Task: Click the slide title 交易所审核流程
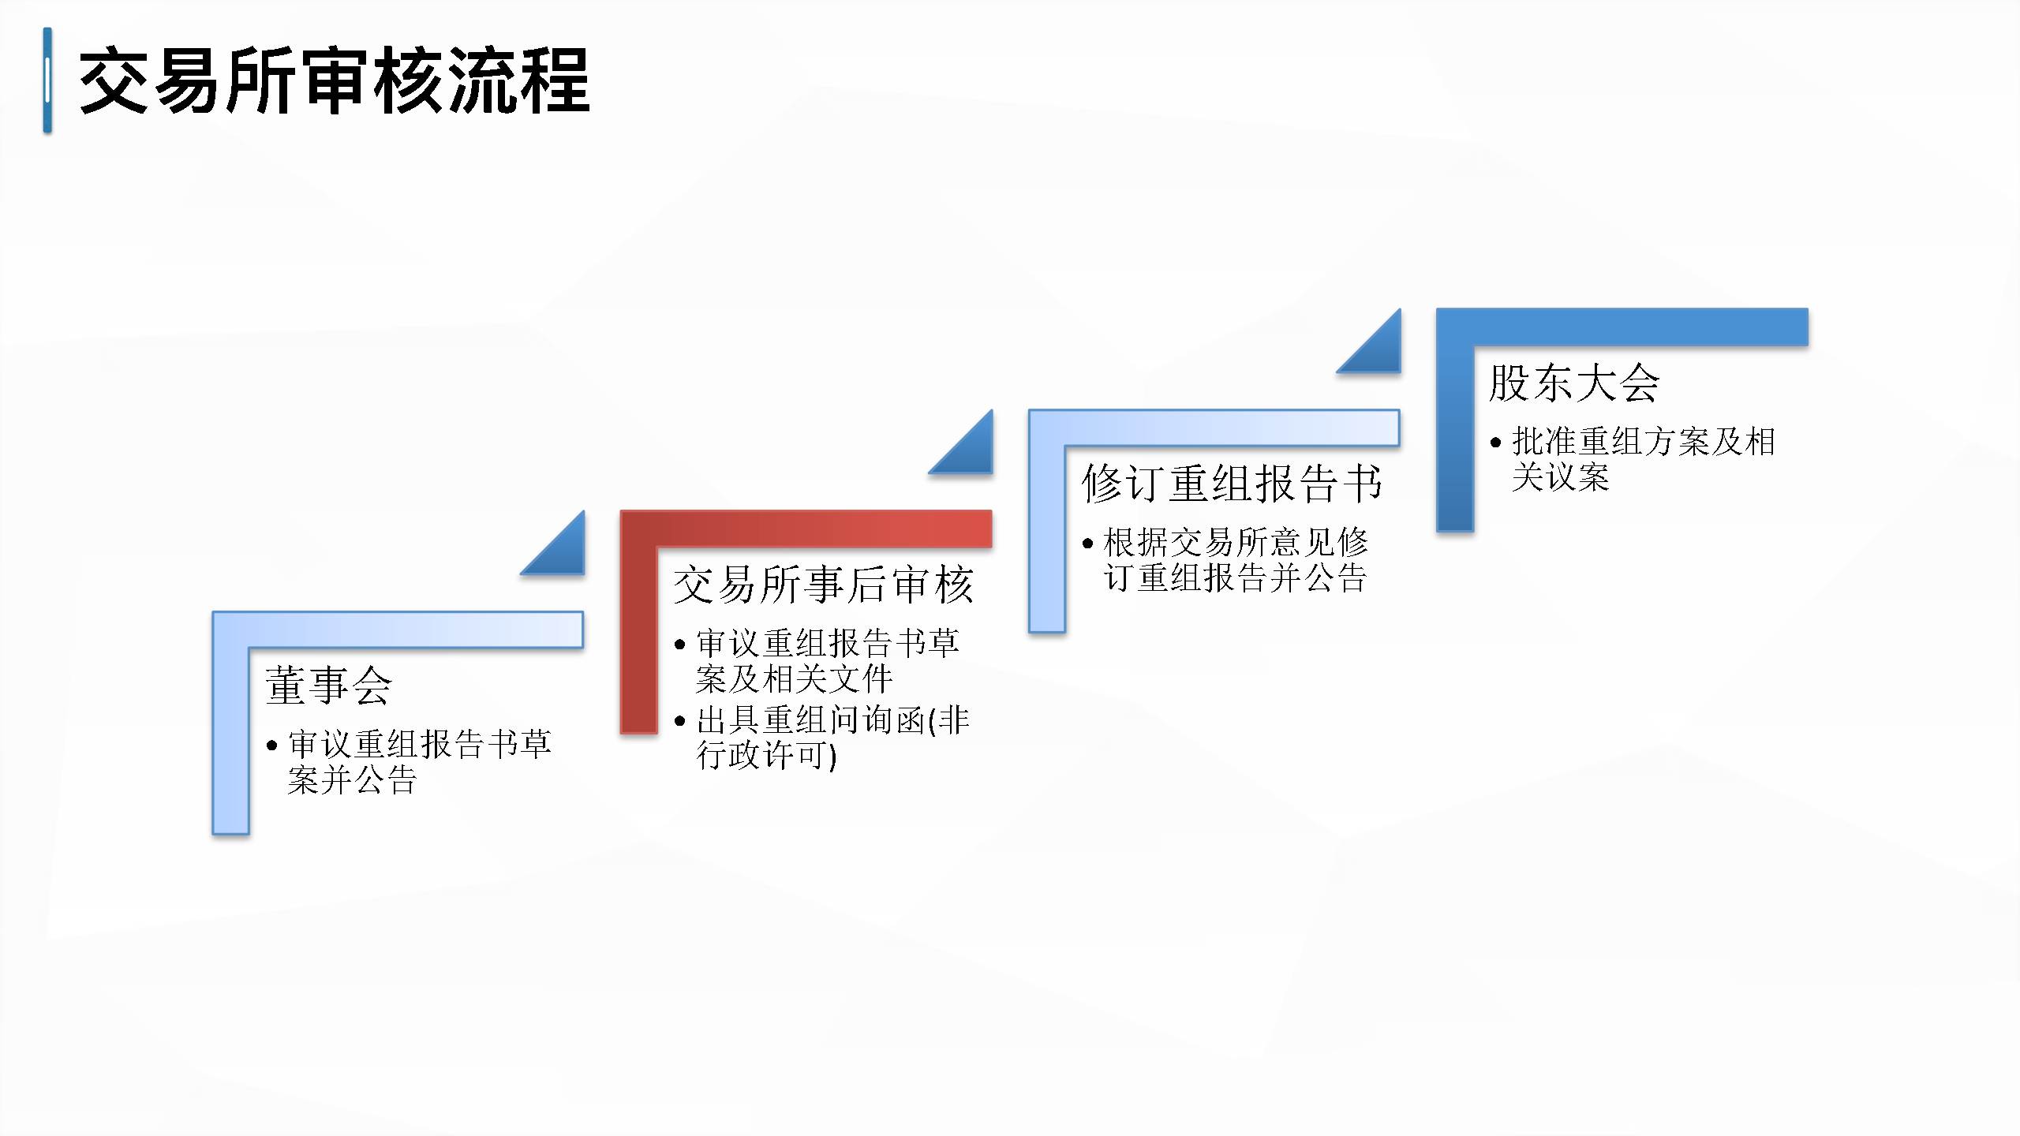[x=335, y=80]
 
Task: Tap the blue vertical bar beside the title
[x=47, y=80]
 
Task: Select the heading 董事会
[x=328, y=685]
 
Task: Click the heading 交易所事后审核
[x=823, y=585]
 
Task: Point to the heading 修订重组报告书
[x=1232, y=483]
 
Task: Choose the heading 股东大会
[x=1574, y=383]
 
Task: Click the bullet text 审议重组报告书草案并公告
[x=419, y=762]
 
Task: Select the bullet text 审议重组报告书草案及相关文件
[x=827, y=661]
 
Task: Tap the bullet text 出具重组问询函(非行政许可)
[x=832, y=738]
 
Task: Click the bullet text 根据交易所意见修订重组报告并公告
[x=1235, y=559]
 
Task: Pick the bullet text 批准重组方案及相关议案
[x=1643, y=459]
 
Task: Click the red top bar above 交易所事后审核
[x=806, y=529]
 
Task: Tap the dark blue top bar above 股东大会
[x=1622, y=327]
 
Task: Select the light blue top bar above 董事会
[x=398, y=630]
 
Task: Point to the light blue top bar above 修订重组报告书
[x=1214, y=428]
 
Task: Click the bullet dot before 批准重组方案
[x=1495, y=443]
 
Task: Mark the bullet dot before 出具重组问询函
[x=680, y=721]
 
